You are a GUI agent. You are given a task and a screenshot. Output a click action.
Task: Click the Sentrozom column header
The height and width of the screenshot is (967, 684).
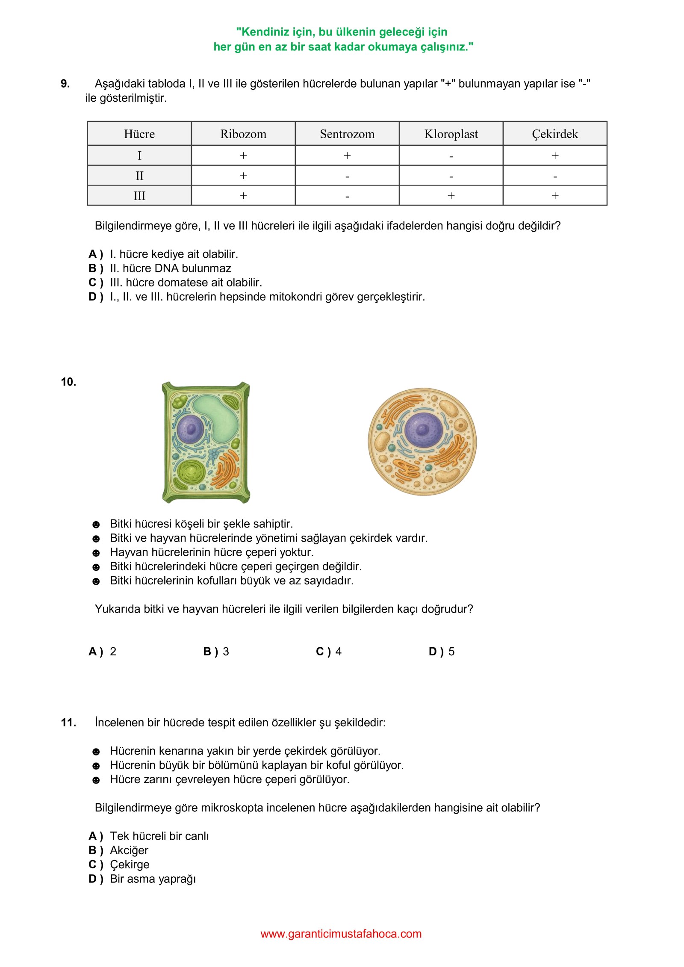(347, 134)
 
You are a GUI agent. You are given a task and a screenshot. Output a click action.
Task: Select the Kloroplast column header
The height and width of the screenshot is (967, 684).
(451, 134)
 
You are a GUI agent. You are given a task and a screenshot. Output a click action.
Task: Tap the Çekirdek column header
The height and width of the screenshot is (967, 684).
(554, 134)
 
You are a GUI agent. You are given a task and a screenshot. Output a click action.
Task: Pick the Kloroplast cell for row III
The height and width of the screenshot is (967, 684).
(451, 195)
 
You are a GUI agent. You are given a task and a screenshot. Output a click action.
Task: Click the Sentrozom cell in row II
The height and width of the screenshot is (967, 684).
(347, 175)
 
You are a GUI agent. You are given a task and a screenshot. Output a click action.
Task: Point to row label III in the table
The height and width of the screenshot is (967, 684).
(139, 195)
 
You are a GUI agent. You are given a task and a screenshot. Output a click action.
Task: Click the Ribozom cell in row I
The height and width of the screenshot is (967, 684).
(243, 156)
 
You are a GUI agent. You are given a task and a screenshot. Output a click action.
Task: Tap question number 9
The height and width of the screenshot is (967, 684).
(65, 84)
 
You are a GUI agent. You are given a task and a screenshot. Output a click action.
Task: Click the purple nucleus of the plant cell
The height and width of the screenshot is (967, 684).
(190, 429)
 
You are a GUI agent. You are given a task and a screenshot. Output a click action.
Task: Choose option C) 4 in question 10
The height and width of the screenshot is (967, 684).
(328, 652)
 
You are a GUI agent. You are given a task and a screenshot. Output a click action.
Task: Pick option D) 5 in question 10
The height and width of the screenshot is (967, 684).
(441, 652)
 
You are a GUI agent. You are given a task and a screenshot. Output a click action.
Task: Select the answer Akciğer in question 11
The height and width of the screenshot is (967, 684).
(129, 850)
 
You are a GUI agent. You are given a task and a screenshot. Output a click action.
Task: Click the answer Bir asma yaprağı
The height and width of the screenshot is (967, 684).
(153, 879)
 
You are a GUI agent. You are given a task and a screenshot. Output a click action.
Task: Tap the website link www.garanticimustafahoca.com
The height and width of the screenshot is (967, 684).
(341, 934)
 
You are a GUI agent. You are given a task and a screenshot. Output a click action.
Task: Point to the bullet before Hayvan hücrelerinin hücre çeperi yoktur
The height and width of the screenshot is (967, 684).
(96, 553)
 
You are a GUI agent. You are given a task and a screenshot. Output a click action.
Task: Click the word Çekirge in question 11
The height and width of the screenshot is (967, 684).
(130, 864)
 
